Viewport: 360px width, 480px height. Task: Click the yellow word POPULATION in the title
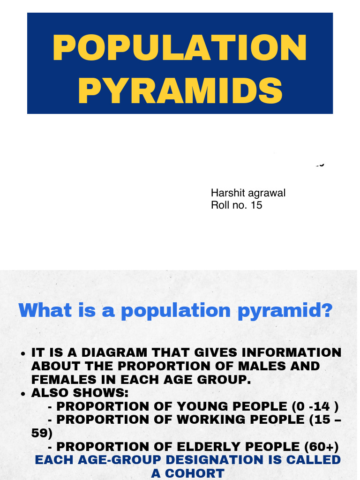pyautogui.click(x=180, y=48)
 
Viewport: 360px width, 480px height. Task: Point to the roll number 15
pyautogui.click(x=256, y=205)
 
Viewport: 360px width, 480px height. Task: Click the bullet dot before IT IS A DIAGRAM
pyautogui.click(x=23, y=353)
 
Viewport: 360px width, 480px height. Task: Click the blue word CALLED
pyautogui.click(x=313, y=460)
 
